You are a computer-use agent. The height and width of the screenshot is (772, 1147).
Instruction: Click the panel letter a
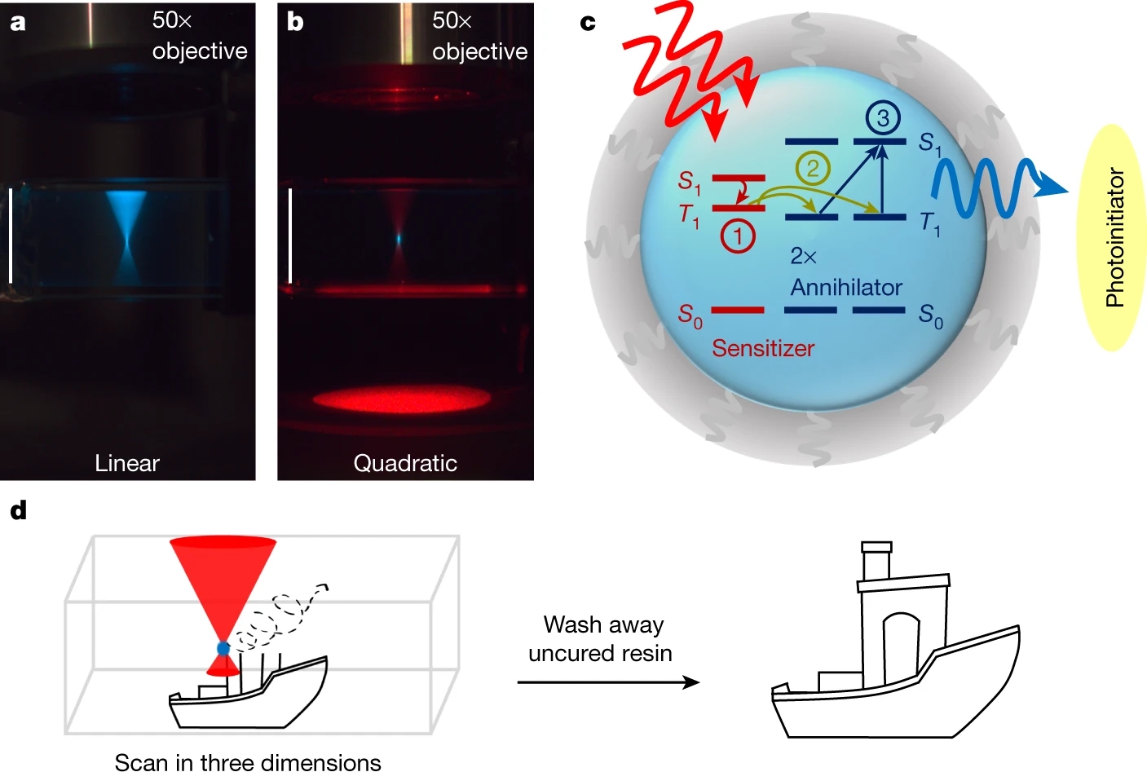click(17, 23)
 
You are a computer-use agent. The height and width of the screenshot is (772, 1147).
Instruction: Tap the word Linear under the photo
click(126, 463)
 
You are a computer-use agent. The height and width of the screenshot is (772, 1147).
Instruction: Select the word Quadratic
click(404, 463)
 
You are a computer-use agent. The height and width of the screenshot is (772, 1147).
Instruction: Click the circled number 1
click(738, 236)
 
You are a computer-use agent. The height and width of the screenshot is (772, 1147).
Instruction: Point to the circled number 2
click(812, 169)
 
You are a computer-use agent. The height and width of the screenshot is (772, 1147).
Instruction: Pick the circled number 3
click(882, 119)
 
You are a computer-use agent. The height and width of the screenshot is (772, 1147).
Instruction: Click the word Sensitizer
click(762, 348)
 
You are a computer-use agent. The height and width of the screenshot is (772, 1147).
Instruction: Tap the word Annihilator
click(846, 287)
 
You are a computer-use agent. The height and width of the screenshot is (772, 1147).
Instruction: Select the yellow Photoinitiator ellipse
click(1114, 237)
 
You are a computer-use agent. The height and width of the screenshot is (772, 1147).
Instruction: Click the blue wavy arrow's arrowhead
click(1051, 187)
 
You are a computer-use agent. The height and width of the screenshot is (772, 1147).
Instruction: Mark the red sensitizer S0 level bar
click(737, 310)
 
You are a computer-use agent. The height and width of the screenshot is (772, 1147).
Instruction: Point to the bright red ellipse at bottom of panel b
click(402, 399)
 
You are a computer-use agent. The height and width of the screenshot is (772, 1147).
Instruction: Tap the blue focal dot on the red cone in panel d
click(223, 649)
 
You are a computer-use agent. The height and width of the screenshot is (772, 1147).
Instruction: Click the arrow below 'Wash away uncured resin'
click(608, 682)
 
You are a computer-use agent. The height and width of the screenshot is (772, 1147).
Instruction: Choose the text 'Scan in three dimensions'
click(248, 761)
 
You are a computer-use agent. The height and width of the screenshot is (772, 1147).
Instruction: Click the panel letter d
click(18, 511)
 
